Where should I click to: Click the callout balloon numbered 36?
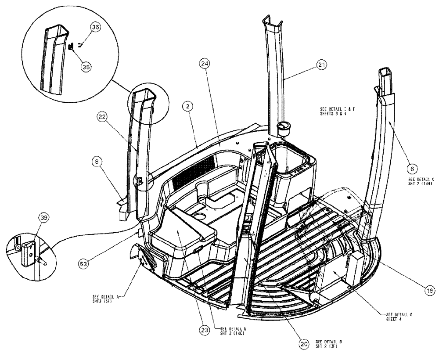pos(95,27)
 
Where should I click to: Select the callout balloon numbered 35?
pos(86,67)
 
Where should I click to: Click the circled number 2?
pos(187,106)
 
